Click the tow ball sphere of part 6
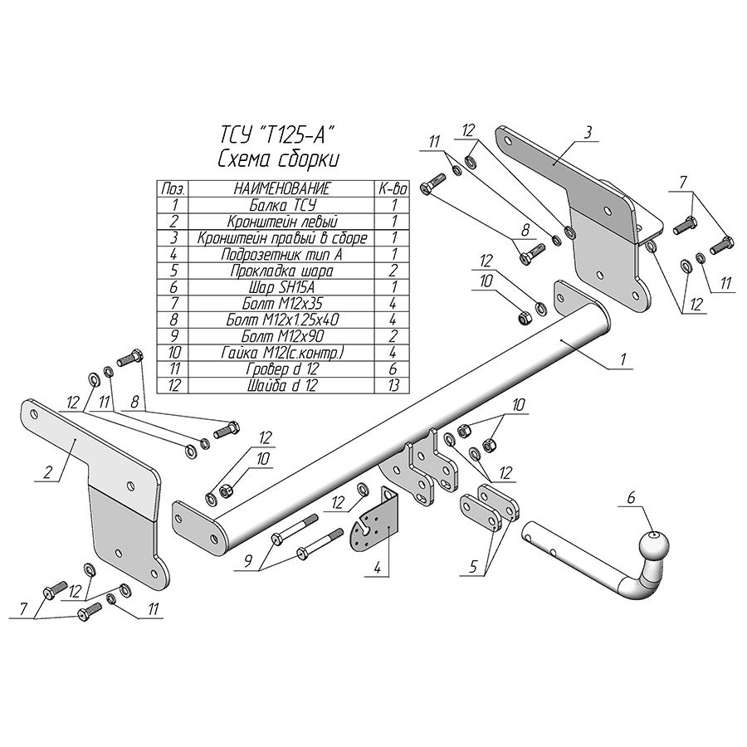click(x=654, y=546)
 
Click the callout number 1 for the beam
click(x=623, y=359)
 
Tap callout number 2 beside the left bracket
click(x=47, y=472)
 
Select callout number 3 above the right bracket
click(x=588, y=133)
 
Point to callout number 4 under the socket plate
click(x=378, y=568)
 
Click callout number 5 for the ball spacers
click(x=473, y=566)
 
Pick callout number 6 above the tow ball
click(x=631, y=498)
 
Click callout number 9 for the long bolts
click(x=247, y=562)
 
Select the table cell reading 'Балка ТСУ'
click(x=282, y=205)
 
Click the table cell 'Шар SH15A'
click(x=282, y=287)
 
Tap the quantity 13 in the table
click(x=393, y=385)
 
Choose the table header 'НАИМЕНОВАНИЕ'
click(x=281, y=188)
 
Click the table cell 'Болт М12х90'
click(x=282, y=336)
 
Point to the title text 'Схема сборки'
click(x=279, y=159)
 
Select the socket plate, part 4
click(x=373, y=520)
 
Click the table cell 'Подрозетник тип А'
click(x=282, y=255)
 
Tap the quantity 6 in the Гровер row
click(x=393, y=369)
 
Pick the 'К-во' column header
click(x=393, y=189)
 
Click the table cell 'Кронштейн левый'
click(x=282, y=222)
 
